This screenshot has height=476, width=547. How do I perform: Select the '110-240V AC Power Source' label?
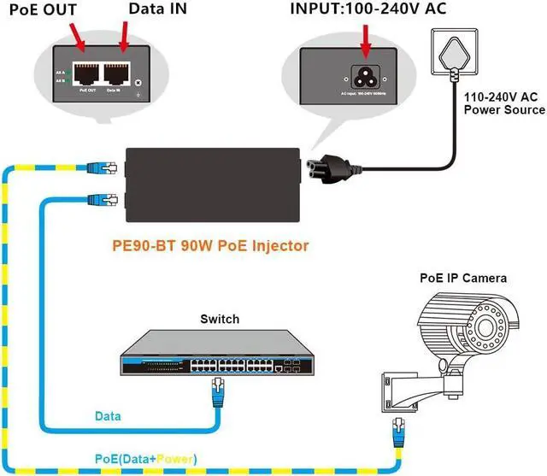[503, 103]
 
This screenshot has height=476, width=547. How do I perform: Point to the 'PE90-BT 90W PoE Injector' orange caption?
[210, 245]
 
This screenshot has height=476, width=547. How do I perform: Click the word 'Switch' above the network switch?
[220, 320]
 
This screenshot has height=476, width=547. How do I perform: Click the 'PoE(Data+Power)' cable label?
[145, 459]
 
